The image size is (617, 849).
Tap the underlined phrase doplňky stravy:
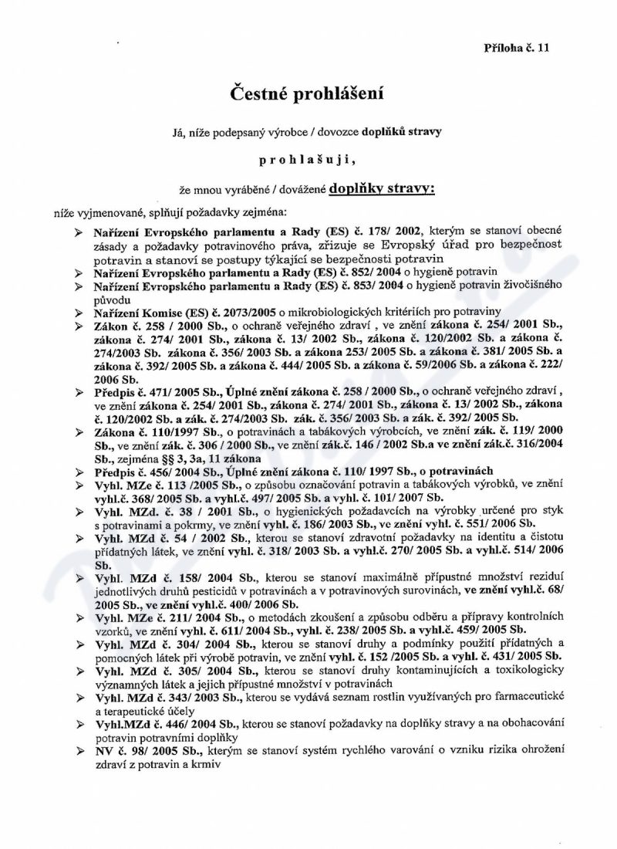point(382,188)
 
